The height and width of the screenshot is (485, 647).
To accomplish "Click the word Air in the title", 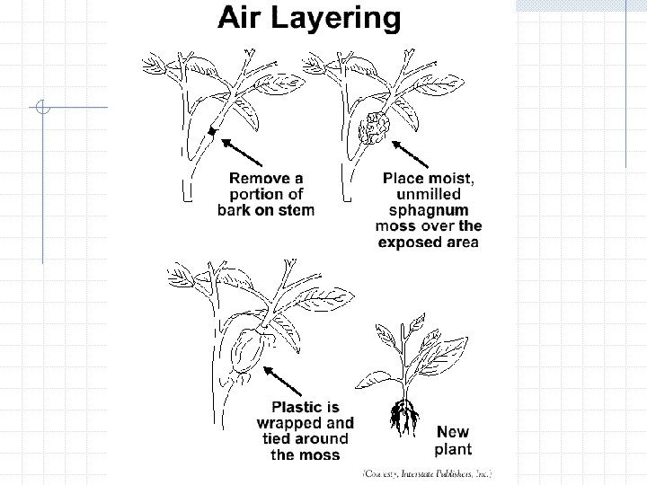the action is point(243,18).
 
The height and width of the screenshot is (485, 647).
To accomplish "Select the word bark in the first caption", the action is point(238,210).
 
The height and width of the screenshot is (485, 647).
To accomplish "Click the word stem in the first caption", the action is point(295,210).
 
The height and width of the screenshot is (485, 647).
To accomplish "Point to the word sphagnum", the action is point(428,209).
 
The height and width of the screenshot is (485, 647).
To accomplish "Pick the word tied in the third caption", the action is point(271,438).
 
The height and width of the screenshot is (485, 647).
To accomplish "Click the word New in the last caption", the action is point(452,432).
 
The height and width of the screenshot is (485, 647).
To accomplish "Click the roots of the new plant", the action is point(403,419).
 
